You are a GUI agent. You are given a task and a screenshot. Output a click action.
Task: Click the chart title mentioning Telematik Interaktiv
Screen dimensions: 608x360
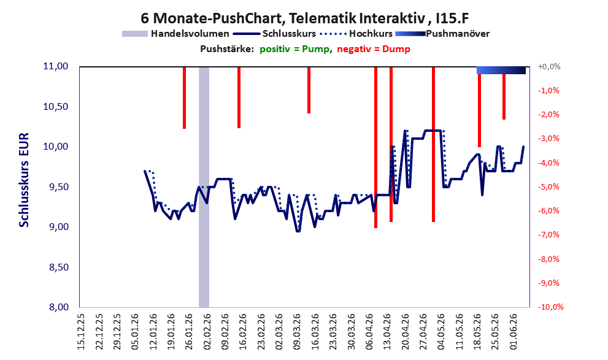pyautogui.click(x=305, y=18)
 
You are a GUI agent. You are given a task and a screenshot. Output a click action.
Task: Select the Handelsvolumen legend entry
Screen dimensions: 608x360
pyautogui.click(x=175, y=34)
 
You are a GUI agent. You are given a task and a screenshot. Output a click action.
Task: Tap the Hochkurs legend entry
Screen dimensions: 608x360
pyautogui.click(x=356, y=34)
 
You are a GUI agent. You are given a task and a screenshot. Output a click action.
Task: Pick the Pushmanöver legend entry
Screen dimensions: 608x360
pyautogui.click(x=442, y=34)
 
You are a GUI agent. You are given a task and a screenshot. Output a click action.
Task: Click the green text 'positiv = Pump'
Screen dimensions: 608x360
pyautogui.click(x=294, y=49)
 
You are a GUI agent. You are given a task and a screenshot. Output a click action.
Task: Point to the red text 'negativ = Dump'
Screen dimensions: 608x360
pyautogui.click(x=374, y=49)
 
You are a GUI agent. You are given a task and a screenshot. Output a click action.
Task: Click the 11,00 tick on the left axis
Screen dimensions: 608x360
pyautogui.click(x=55, y=66)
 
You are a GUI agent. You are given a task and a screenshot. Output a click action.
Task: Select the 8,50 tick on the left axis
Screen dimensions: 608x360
pyautogui.click(x=55, y=267)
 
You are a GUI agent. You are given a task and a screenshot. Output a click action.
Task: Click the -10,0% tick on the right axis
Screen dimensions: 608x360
pyautogui.click(x=550, y=307)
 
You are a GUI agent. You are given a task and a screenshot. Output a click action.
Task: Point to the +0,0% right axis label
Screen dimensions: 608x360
pyautogui.click(x=549, y=67)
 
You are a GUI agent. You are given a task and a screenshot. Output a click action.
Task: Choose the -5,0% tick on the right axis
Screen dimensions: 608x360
pyautogui.click(x=548, y=187)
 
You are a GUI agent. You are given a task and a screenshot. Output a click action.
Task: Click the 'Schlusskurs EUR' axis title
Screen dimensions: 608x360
pyautogui.click(x=24, y=180)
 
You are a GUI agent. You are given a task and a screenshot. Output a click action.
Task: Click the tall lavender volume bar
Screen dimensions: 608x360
pyautogui.click(x=204, y=187)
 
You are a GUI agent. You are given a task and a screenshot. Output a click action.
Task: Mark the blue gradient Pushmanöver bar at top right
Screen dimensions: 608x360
pyautogui.click(x=501, y=70)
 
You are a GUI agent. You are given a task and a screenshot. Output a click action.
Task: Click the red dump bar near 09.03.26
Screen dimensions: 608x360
pyautogui.click(x=309, y=90)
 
